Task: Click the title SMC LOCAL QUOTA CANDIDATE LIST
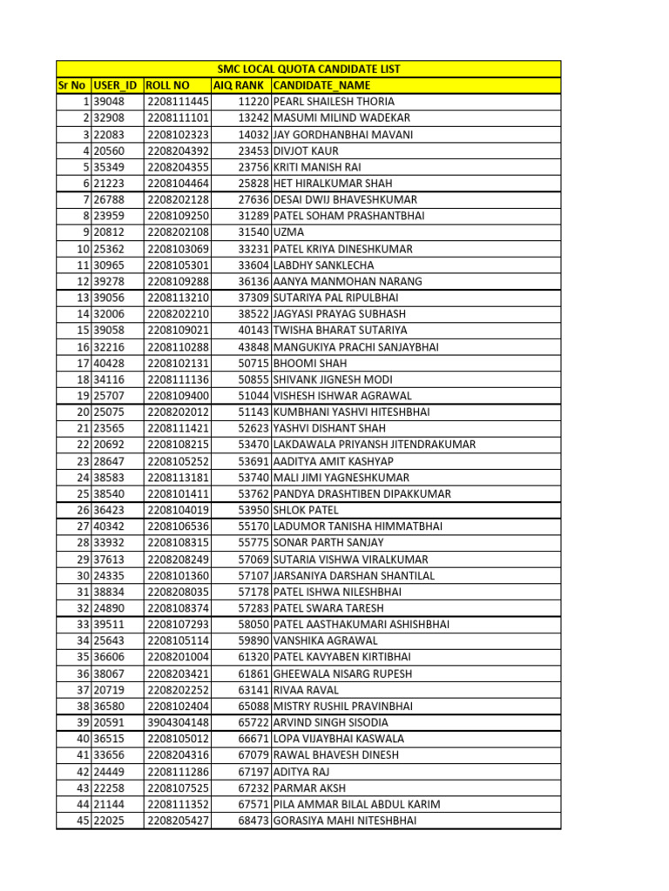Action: coord(308,69)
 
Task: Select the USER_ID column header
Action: coord(115,85)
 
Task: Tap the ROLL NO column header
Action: coord(168,85)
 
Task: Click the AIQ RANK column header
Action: coord(240,85)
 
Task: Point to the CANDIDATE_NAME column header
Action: coord(321,85)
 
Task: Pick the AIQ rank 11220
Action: coord(253,102)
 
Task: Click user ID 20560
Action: coord(109,151)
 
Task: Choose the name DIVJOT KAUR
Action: coord(306,151)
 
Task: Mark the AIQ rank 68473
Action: coord(253,821)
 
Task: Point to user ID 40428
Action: coord(109,363)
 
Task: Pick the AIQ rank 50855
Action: coord(253,379)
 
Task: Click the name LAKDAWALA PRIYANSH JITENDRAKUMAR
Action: coord(375,445)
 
